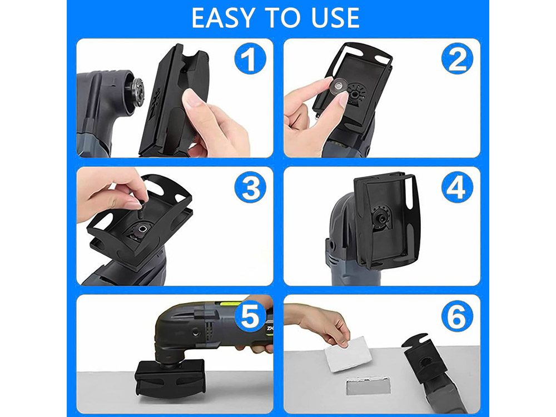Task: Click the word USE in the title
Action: point(335,18)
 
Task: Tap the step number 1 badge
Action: point(250,58)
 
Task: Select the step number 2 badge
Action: point(457,58)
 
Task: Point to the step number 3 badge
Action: point(250,187)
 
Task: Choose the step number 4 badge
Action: point(457,187)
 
